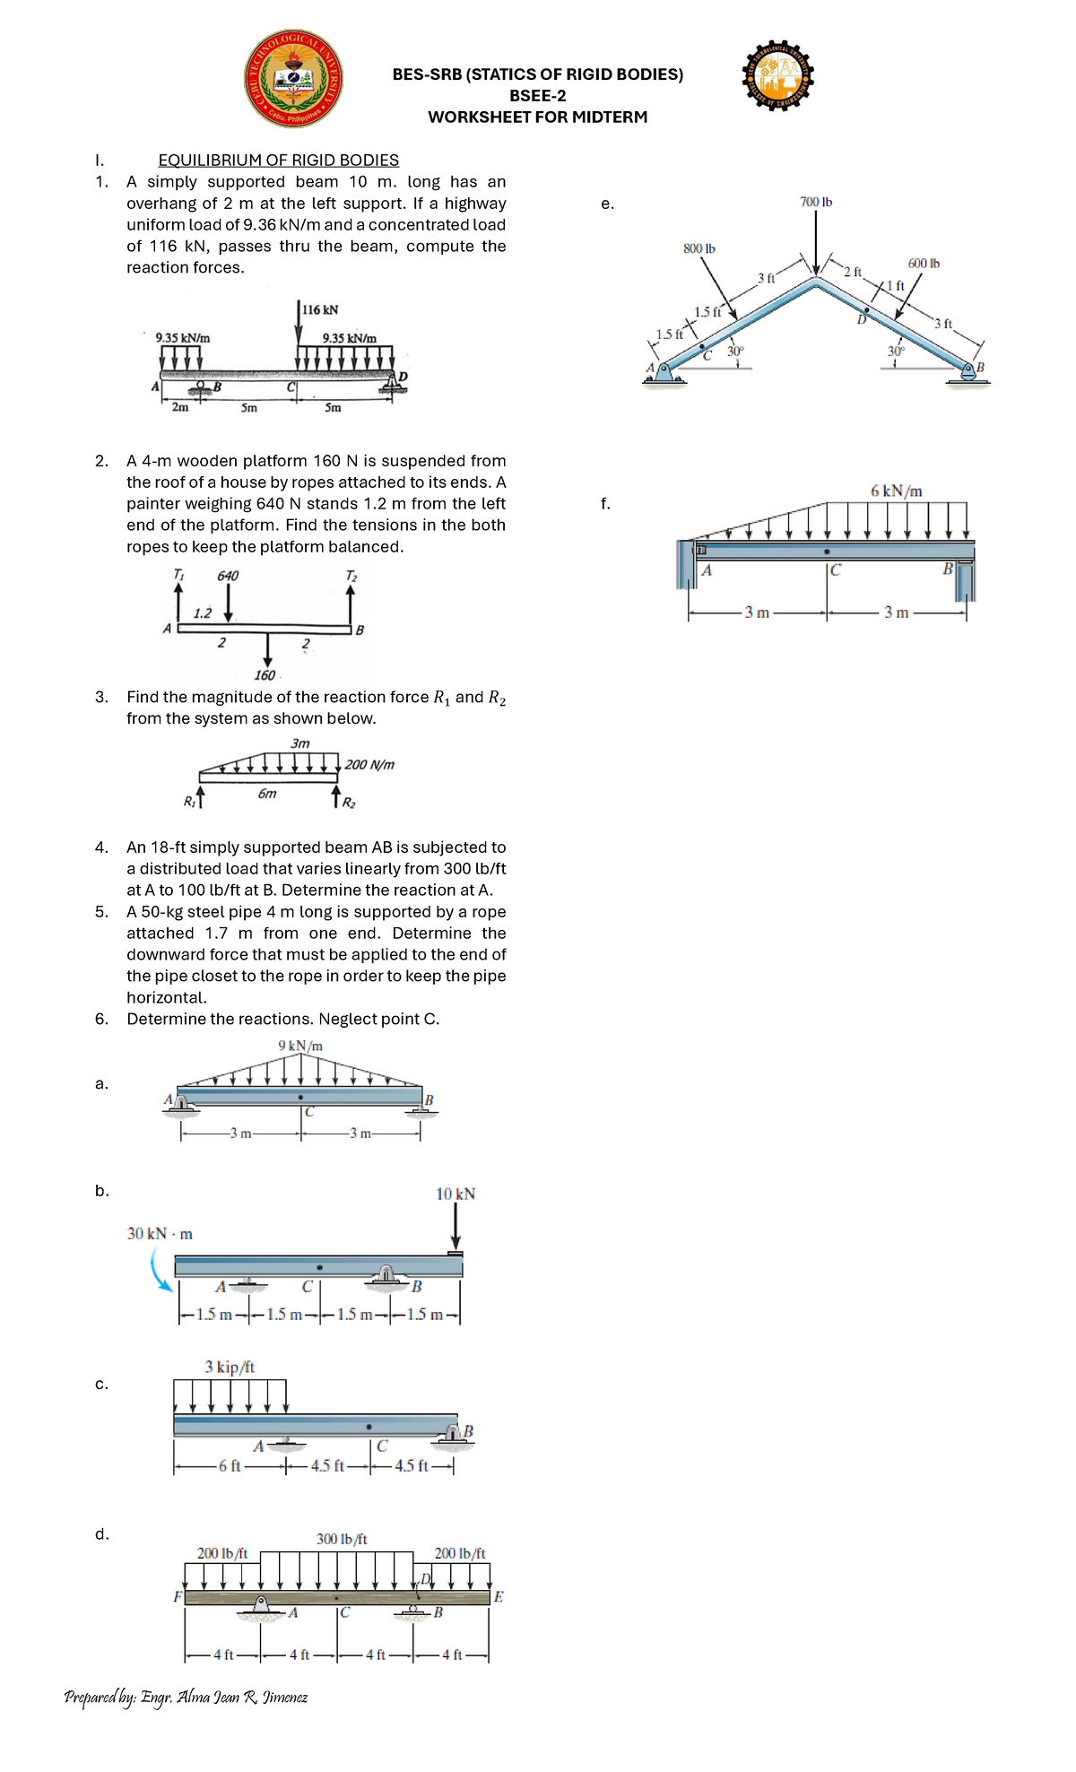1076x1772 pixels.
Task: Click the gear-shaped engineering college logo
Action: click(778, 76)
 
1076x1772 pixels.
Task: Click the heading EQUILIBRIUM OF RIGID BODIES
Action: click(278, 160)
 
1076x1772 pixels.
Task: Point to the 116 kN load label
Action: click(320, 309)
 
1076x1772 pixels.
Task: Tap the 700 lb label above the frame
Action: click(815, 202)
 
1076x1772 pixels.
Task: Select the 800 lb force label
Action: click(699, 248)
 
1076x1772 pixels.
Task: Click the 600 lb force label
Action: click(923, 263)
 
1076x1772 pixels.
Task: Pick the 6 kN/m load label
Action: click(896, 491)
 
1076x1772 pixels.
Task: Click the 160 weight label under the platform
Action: click(265, 675)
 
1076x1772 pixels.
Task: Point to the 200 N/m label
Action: click(369, 765)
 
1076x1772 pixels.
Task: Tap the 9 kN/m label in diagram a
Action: click(300, 1046)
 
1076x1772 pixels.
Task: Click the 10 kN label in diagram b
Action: click(456, 1194)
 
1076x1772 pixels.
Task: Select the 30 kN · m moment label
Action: click(160, 1233)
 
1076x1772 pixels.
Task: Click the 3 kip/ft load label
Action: click(230, 1367)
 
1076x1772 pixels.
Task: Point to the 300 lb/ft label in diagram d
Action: click(342, 1539)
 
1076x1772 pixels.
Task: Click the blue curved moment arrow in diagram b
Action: click(158, 1271)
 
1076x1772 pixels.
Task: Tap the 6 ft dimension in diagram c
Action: click(230, 1465)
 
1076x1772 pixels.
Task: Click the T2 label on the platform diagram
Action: click(351, 576)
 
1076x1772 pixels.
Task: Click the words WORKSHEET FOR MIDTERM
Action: click(537, 117)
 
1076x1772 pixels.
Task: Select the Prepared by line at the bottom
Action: click(186, 1697)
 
